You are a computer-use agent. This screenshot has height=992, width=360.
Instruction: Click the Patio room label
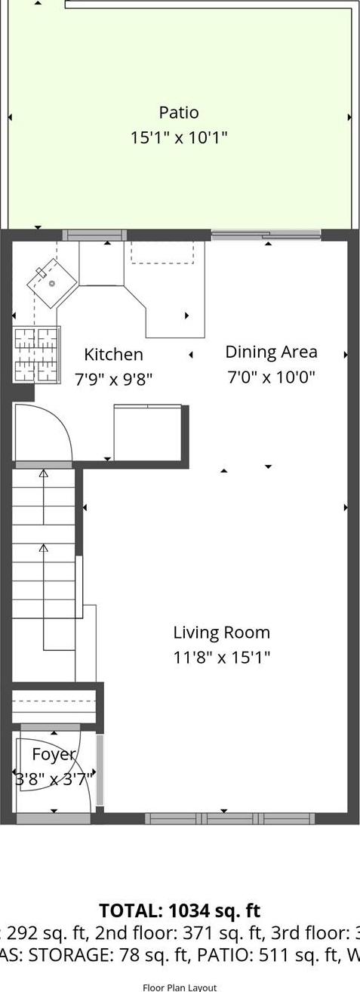[179, 112]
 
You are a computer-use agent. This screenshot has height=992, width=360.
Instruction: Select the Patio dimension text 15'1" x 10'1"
[179, 137]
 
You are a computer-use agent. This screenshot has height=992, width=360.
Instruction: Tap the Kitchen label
[113, 354]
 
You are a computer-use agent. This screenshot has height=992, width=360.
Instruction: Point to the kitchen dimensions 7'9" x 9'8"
[113, 378]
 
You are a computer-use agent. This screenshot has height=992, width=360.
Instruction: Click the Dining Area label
[271, 352]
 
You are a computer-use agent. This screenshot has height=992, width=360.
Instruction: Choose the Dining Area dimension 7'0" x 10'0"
[271, 376]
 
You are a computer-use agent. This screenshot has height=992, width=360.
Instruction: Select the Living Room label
[221, 633]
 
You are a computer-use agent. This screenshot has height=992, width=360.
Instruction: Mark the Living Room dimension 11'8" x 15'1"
[221, 657]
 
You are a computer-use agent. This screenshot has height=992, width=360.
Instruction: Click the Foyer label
[54, 754]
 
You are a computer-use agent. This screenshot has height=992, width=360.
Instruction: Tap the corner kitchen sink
[52, 283]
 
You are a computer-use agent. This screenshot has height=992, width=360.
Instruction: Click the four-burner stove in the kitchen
[36, 354]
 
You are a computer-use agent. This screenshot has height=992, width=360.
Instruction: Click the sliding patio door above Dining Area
[266, 235]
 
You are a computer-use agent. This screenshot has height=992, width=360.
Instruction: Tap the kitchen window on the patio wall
[94, 235]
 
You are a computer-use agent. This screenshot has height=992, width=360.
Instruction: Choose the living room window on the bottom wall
[229, 818]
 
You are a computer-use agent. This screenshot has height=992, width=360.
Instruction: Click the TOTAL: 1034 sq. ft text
[180, 910]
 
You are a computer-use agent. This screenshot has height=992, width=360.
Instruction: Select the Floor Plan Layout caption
[180, 987]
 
